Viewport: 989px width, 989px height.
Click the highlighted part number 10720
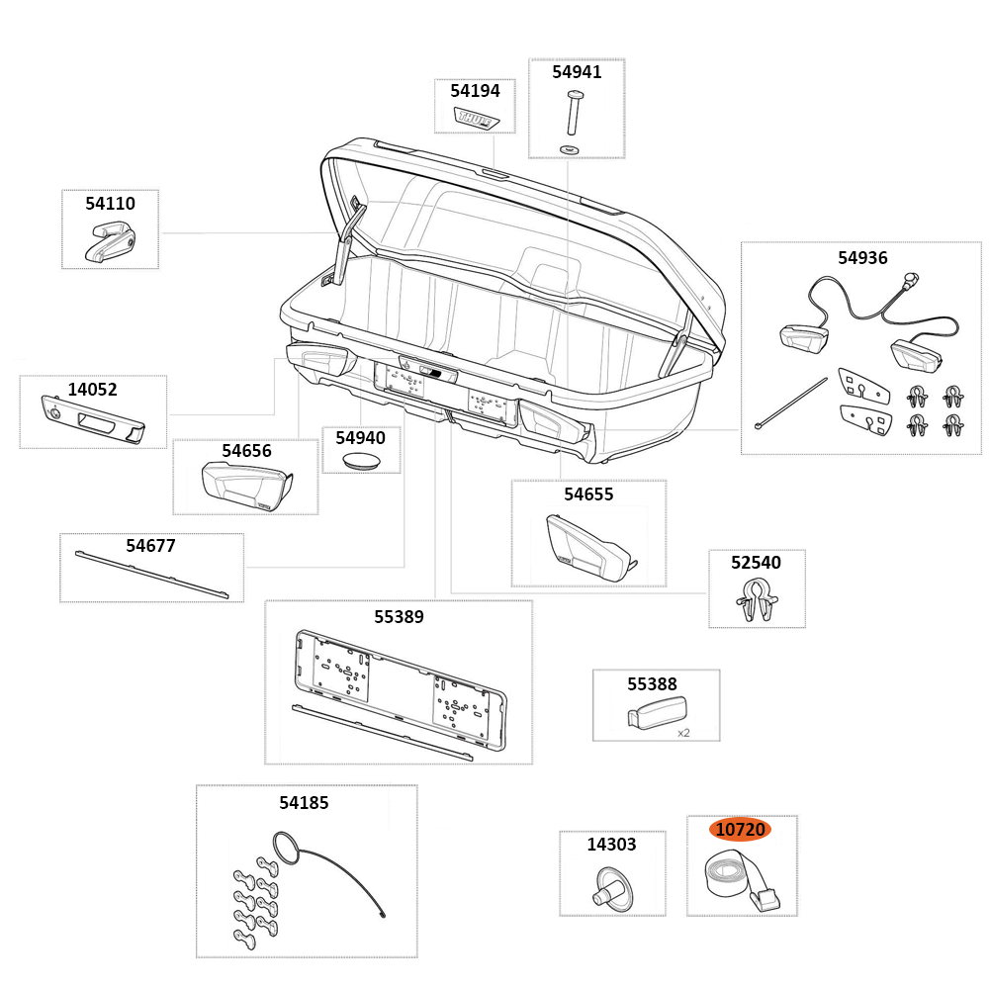[740, 830]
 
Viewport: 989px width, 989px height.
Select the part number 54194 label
[475, 91]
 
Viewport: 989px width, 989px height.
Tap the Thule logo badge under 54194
[476, 118]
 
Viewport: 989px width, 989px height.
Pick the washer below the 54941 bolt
[570, 148]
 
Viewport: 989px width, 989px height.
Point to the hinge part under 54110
[109, 242]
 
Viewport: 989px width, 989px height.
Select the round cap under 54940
[360, 461]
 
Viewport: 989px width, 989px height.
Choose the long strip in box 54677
[158, 574]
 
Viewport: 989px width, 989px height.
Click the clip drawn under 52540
[756, 601]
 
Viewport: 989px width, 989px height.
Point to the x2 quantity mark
[683, 733]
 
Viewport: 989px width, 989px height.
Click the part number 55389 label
[399, 617]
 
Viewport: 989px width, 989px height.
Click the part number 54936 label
[862, 258]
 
